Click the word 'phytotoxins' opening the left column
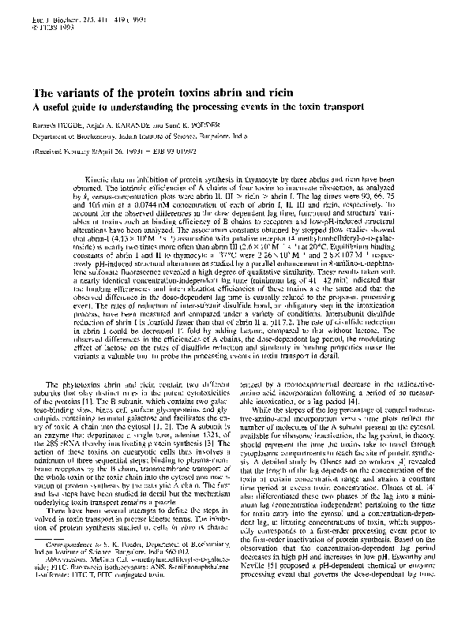pos(82,384)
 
